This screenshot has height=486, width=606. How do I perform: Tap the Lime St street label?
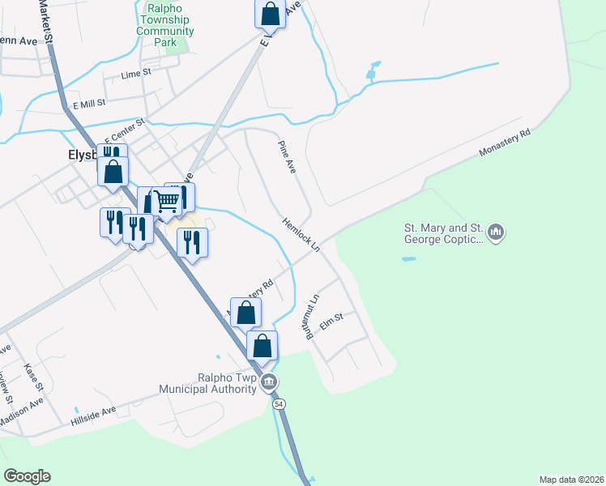[137, 74]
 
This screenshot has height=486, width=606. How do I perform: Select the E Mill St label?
[90, 104]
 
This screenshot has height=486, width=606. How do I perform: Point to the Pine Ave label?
[286, 156]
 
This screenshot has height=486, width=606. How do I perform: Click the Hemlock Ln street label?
[301, 234]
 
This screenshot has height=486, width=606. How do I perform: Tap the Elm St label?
[333, 322]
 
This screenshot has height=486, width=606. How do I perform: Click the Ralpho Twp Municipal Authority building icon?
[271, 382]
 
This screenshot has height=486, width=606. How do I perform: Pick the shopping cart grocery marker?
[167, 200]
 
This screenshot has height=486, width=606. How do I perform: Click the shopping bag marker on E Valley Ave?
[271, 14]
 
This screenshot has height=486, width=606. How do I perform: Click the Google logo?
[27, 476]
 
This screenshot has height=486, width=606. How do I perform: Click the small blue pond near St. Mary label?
[409, 259]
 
